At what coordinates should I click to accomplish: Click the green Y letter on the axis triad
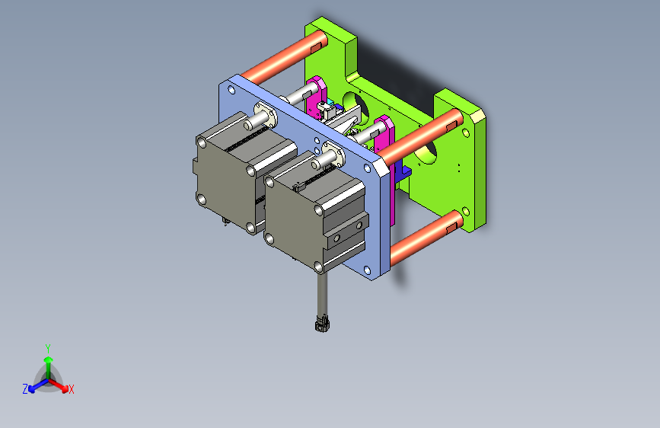click(x=48, y=349)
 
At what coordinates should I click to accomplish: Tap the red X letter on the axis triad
click(x=72, y=390)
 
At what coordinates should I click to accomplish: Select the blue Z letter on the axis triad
click(x=25, y=389)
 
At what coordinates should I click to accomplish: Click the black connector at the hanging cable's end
click(x=322, y=324)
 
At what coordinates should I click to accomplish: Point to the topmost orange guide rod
click(x=283, y=58)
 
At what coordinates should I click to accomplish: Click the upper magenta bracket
click(x=317, y=100)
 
